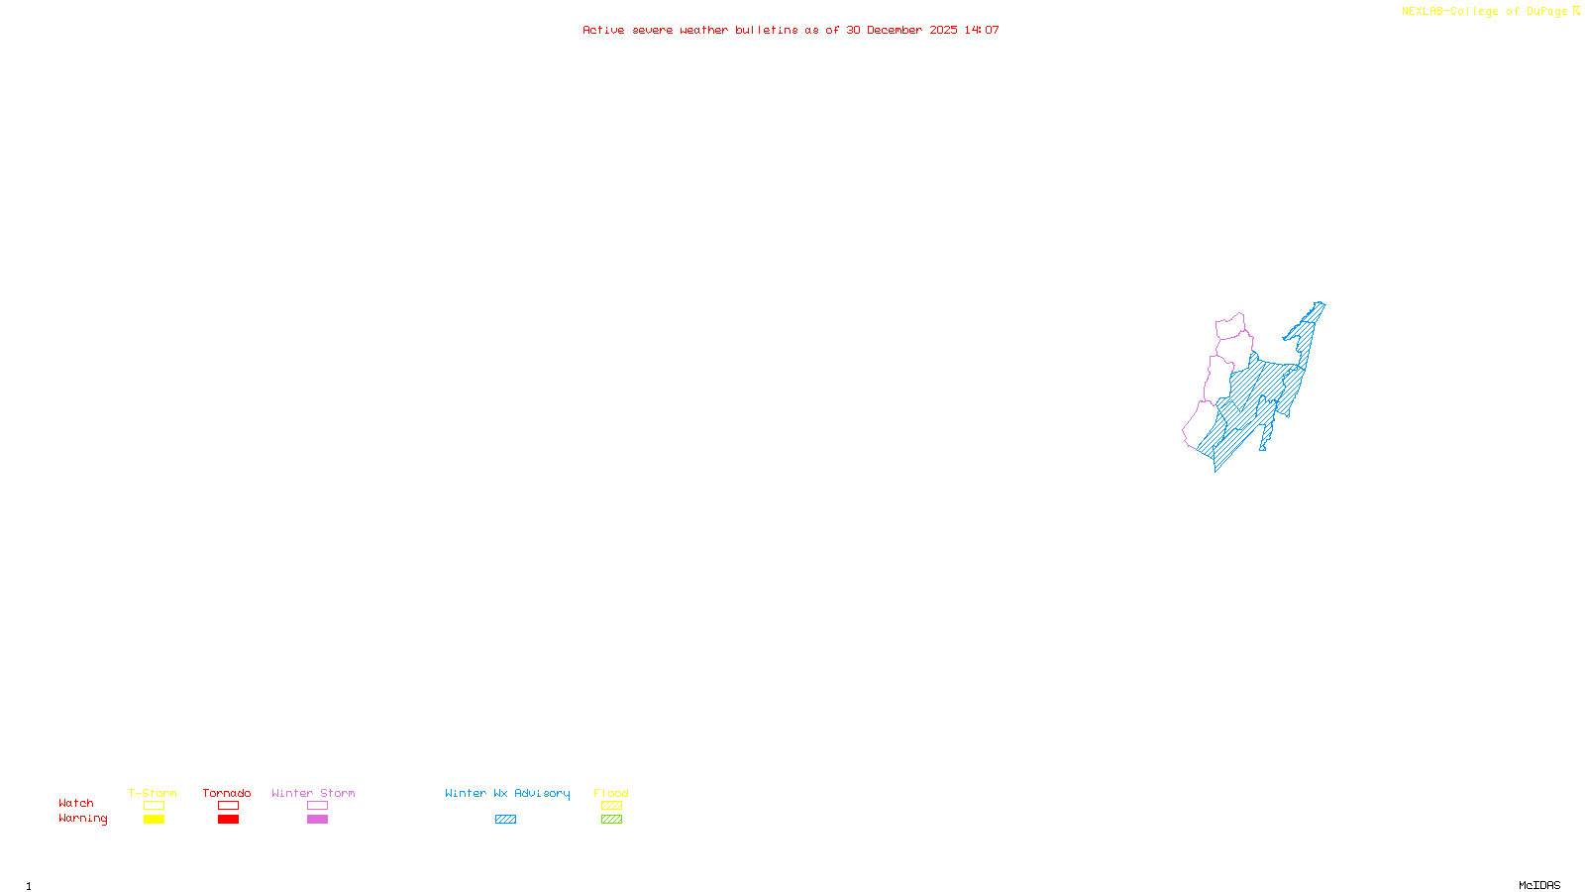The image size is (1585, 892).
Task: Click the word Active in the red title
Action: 602,30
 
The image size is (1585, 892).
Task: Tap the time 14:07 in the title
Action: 982,30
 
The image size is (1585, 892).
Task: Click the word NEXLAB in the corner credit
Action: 1422,12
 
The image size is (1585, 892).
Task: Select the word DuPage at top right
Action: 1546,12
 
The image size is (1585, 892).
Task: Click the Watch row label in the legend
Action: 76,803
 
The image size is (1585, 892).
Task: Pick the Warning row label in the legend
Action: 82,819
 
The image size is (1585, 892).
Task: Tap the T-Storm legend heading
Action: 153,793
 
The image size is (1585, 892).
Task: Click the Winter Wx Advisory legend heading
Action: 507,793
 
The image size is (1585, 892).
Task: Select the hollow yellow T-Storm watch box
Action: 154,806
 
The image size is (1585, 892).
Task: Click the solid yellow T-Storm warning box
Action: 154,820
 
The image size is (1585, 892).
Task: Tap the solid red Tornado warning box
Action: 228,820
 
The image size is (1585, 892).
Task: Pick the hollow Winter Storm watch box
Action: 317,806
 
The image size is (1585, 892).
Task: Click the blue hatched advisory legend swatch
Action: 505,820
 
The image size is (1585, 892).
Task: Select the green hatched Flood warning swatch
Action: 611,820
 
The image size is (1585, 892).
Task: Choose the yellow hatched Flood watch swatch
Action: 611,806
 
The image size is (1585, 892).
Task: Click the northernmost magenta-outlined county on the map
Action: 1231,328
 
